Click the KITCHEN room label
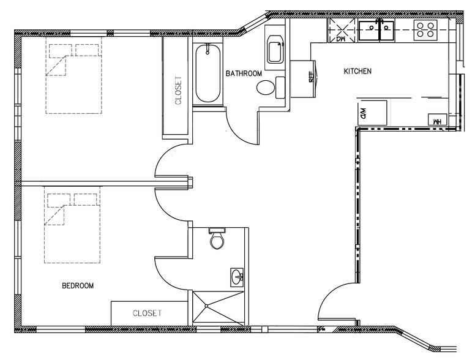(357, 72)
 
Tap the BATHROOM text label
(244, 73)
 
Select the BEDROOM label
(78, 286)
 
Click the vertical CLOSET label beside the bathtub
(179, 90)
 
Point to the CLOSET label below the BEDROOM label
(148, 313)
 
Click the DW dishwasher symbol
(342, 30)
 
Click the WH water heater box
(438, 121)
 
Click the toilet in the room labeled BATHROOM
(266, 88)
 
